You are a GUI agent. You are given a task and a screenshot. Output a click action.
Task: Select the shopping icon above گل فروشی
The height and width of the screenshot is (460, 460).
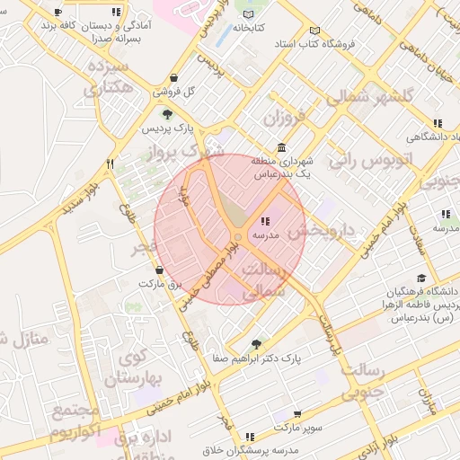[x=172, y=78]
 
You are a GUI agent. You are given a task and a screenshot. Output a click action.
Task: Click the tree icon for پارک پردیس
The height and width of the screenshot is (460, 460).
[x=167, y=114]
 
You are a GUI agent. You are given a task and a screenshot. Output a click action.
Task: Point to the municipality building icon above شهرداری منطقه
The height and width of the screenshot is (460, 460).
[x=282, y=147]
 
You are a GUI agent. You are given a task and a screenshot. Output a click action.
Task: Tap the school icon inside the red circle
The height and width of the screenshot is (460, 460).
[x=264, y=221]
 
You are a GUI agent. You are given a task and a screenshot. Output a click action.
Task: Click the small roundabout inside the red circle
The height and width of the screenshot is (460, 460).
[x=237, y=237]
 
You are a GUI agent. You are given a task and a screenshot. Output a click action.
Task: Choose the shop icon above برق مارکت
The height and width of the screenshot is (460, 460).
[x=160, y=270]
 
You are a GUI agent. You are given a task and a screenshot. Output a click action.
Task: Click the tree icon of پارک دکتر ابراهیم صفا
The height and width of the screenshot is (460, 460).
[x=257, y=344]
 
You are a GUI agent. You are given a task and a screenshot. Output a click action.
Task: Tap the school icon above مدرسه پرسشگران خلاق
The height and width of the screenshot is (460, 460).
[x=249, y=436]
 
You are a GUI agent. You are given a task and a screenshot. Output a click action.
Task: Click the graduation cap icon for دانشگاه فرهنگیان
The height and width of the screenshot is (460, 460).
[x=421, y=279]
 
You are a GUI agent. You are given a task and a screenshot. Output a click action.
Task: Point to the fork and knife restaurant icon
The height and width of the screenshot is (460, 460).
[x=110, y=164]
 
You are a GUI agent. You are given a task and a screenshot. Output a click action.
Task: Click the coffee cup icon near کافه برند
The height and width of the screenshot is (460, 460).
[x=58, y=13]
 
